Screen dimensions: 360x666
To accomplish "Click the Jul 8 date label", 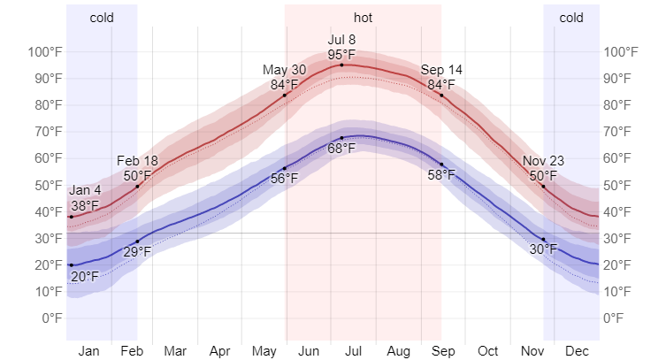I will (341, 40).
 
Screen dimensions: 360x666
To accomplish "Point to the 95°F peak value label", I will (341, 55).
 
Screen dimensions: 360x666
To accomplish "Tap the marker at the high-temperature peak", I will (341, 65).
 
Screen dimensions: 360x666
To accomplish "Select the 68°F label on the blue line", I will (341, 148).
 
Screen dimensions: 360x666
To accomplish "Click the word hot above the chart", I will (363, 17).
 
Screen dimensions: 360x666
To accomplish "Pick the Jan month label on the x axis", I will (88, 351).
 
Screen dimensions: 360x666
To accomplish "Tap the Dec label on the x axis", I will (577, 351).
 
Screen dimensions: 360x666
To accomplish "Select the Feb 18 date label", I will (137, 161).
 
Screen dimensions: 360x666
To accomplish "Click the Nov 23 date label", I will (543, 161).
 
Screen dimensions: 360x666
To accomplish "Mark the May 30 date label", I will (285, 70).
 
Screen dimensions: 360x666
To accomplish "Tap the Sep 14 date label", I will (441, 70).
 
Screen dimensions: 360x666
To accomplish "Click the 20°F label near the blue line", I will (84, 277).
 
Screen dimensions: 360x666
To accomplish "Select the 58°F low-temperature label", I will (441, 174).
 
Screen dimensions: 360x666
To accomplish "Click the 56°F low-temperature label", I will (285, 178).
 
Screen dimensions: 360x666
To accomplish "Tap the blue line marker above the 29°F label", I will (137, 241).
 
